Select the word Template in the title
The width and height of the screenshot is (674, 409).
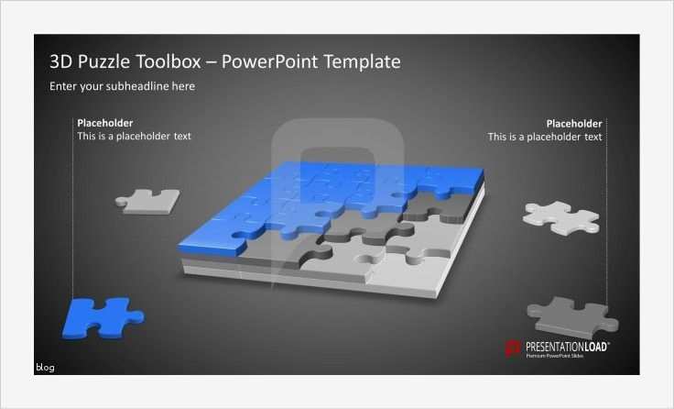pos(357,62)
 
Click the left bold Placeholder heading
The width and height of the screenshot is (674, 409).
pos(104,123)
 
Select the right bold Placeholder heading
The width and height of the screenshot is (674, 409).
pos(574,123)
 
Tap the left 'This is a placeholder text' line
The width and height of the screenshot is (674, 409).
pos(134,137)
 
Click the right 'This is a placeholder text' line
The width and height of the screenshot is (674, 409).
pos(545,137)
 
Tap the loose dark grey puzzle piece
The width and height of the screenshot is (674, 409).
pos(574,316)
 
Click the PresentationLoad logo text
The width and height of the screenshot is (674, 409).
pos(566,346)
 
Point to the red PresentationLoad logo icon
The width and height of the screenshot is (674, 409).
pos(513,348)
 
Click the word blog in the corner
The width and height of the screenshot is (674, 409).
pos(45,368)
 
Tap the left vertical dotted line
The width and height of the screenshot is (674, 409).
pos(72,211)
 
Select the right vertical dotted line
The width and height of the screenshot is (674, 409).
pos(606,211)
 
